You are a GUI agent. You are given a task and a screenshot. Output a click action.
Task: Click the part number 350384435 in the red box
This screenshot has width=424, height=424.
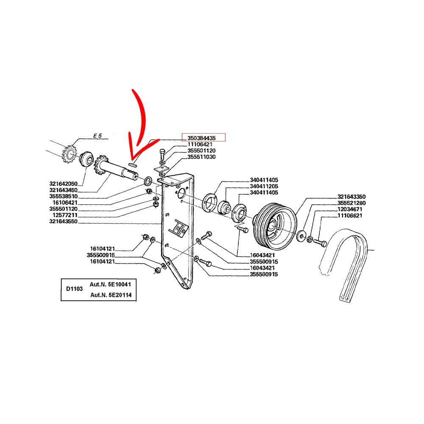(x=201, y=138)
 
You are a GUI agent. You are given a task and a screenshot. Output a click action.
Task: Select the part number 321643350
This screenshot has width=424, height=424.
(x=351, y=197)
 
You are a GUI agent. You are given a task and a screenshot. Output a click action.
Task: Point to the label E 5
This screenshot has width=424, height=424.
(x=98, y=136)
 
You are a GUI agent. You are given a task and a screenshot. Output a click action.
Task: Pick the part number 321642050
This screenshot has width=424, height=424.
(x=63, y=184)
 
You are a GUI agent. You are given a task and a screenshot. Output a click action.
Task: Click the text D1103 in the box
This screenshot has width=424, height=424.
(x=74, y=289)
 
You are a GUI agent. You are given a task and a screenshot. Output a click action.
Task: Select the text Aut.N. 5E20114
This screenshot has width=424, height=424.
(x=111, y=295)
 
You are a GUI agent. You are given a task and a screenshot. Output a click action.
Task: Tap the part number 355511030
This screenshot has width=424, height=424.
(x=201, y=157)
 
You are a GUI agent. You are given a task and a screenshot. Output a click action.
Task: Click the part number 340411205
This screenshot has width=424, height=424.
(x=264, y=186)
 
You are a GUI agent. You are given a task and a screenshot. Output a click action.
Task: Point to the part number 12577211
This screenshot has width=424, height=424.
(x=65, y=215)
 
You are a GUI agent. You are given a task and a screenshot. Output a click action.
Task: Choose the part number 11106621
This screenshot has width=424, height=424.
(x=350, y=215)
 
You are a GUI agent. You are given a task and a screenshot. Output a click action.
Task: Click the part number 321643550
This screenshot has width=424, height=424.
(x=63, y=221)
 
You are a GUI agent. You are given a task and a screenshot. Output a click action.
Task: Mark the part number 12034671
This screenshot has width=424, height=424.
(x=350, y=209)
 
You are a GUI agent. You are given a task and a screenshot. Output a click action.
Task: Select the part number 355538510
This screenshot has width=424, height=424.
(x=63, y=196)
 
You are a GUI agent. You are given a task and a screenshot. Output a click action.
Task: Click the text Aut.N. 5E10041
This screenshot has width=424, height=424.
(x=110, y=285)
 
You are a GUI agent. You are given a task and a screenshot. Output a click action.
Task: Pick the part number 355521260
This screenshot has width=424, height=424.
(x=351, y=203)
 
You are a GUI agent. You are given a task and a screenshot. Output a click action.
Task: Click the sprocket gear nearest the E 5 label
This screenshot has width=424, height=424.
(x=70, y=154)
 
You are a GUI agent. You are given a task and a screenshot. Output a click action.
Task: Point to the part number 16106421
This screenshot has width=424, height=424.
(x=65, y=203)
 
